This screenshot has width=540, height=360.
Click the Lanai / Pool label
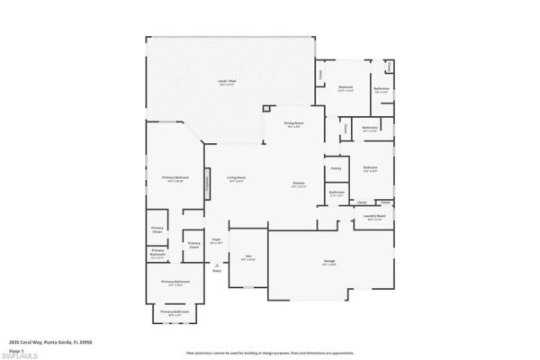pos(227,82)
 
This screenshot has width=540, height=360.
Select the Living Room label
pos(237,178)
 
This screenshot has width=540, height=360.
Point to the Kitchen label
pos(300,184)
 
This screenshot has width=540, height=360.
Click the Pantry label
pos(336,167)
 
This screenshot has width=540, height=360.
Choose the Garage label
pos(330,262)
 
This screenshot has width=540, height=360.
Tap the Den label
pos(247,256)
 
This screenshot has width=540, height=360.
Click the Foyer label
pos(216,240)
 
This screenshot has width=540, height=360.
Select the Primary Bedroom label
pos(174,178)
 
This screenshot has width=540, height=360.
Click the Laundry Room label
pos(376,217)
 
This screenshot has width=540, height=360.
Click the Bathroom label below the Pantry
pos(337,193)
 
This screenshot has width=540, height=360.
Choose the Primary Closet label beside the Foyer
pos(193,245)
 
